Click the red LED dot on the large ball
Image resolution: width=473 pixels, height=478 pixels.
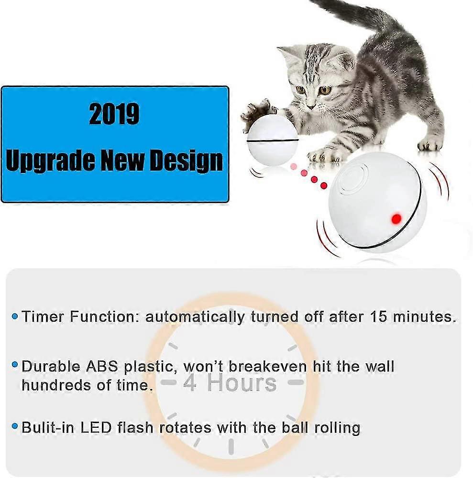coord(396,218)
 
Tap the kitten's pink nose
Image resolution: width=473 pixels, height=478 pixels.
coord(311,106)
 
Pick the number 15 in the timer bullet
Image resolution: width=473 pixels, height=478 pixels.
coord(378,317)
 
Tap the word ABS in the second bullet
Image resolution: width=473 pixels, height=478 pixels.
coord(101,366)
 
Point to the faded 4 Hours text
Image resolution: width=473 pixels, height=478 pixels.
coord(230,383)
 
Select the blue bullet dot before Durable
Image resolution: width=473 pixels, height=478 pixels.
coord(15,364)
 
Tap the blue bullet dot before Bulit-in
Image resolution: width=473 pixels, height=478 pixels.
coord(15,426)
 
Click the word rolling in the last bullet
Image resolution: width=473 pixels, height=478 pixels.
coord(337,428)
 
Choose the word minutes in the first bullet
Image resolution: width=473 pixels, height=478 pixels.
coord(424,317)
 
